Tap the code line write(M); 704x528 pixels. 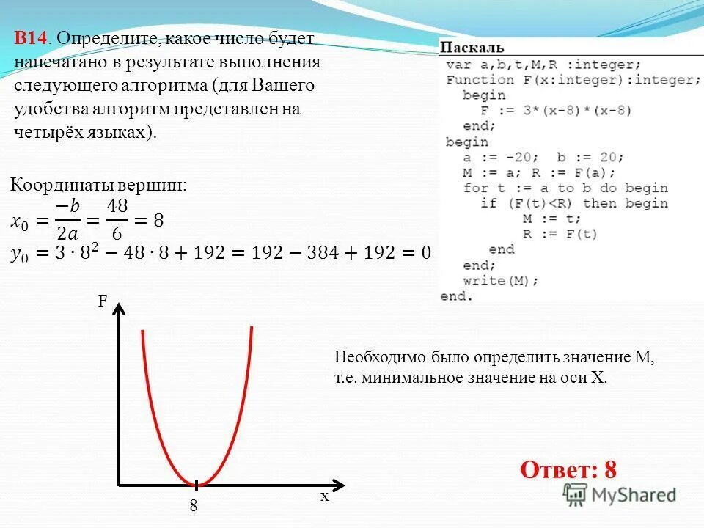click(x=501, y=280)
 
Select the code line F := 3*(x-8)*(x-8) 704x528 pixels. click(x=555, y=111)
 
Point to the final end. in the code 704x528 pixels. click(x=457, y=296)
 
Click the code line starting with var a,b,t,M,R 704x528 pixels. click(x=543, y=65)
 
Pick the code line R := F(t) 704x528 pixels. click(x=560, y=234)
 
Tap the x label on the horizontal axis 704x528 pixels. click(x=323, y=496)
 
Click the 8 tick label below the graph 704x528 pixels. click(x=194, y=505)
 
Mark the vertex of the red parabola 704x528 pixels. click(x=197, y=484)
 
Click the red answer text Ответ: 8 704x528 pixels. click(x=568, y=469)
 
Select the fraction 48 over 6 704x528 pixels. click(x=117, y=221)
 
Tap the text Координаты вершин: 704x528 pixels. click(x=99, y=186)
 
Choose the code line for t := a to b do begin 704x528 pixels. click(x=565, y=188)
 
